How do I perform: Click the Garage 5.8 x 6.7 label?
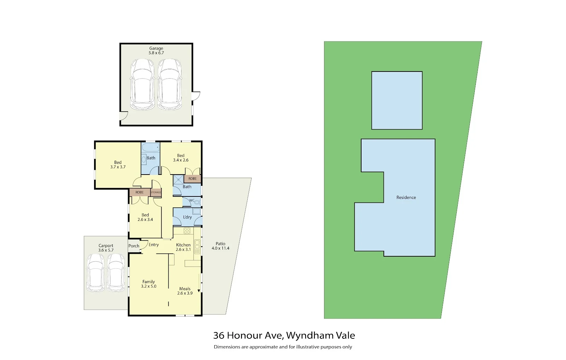coord(156,51)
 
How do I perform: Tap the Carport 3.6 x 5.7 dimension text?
coord(106,248)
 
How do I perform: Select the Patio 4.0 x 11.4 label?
coord(220,246)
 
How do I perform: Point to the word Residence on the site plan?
coord(406,198)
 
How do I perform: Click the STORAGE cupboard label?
coord(156,192)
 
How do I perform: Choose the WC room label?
coord(191,200)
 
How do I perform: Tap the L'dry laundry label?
coord(187,217)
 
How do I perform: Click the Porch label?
coord(134,246)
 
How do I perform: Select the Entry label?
coord(154,245)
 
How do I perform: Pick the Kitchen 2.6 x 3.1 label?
coord(183,247)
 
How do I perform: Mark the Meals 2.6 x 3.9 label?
coord(185,291)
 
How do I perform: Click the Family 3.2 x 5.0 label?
coord(149,284)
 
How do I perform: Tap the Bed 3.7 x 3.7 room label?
coord(118,165)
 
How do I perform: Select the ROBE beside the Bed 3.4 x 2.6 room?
coord(192,179)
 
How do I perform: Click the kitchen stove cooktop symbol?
coord(187,230)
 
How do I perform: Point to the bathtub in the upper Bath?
coord(150,147)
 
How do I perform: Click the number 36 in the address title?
coord(219,336)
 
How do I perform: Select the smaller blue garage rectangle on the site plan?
coord(397,101)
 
